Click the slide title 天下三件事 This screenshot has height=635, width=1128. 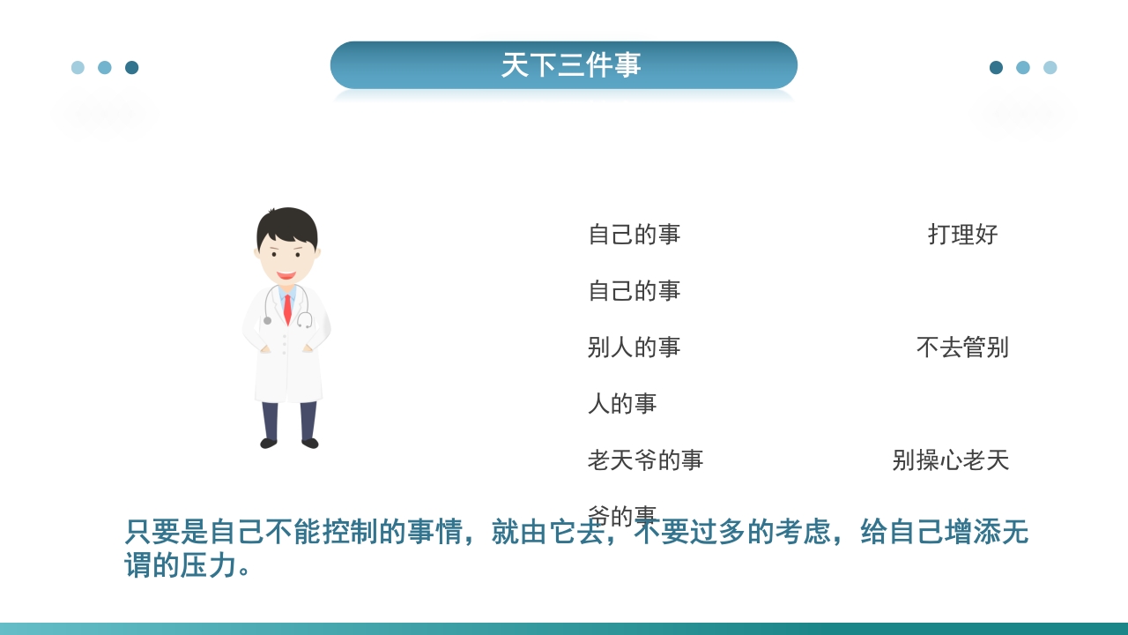[570, 65]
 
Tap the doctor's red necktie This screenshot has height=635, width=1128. [287, 309]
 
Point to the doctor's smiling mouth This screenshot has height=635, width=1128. [286, 275]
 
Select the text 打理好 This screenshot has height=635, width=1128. [962, 235]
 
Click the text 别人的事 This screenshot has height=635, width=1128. [634, 347]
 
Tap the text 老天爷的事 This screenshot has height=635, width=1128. [645, 460]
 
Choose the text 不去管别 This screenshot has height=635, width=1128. [962, 347]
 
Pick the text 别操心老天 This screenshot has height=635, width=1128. [950, 460]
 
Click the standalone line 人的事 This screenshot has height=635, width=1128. [622, 404]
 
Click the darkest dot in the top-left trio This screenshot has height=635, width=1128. [132, 68]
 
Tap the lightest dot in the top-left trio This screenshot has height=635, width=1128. [78, 68]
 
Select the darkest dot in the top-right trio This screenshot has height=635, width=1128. [996, 68]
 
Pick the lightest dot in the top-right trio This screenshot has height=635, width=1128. [1050, 68]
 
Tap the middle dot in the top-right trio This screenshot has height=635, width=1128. [1023, 68]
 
